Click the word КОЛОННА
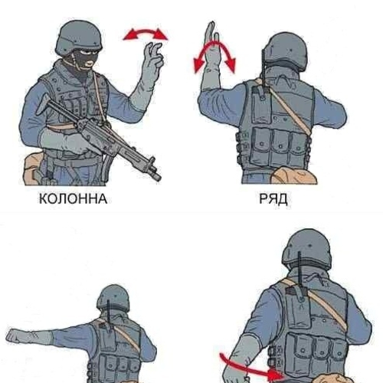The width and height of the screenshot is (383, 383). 73,198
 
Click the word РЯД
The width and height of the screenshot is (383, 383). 273,199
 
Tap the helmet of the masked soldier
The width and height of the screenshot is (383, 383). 80,38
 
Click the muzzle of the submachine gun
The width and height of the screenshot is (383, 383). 155,175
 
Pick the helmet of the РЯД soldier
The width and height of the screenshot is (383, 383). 286,51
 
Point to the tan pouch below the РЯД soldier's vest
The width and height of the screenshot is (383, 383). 293,175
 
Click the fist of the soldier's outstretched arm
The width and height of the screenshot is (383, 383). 15,336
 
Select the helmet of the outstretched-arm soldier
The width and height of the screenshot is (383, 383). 113,298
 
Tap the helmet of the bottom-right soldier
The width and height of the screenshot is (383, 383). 307,249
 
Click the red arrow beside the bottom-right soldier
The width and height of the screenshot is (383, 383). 251,368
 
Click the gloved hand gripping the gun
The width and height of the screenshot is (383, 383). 74,143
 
